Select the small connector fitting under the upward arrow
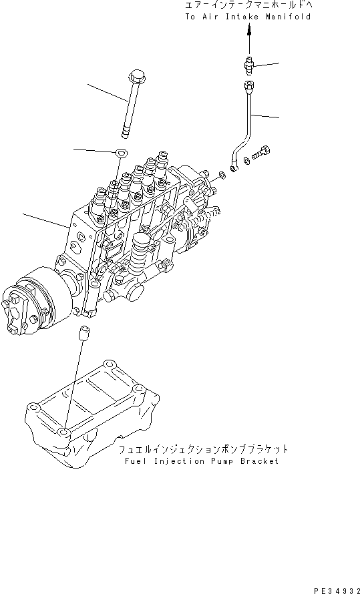point(249,65)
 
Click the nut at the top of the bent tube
point(249,85)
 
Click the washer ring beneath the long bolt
point(120,153)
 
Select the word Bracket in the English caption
point(259,461)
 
